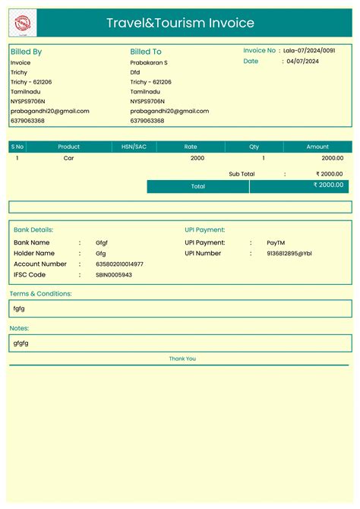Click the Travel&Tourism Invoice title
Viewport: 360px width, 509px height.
pyautogui.click(x=180, y=24)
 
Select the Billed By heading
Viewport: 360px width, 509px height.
pyautogui.click(x=26, y=52)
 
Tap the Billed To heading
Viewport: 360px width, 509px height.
pyautogui.click(x=146, y=52)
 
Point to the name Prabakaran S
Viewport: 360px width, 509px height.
pyautogui.click(x=149, y=62)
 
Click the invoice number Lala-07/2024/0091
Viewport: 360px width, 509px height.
pyautogui.click(x=309, y=50)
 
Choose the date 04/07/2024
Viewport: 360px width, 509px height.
pyautogui.click(x=303, y=62)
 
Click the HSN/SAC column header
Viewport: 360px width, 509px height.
pyautogui.click(x=134, y=147)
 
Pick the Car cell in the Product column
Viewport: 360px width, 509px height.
pyautogui.click(x=68, y=158)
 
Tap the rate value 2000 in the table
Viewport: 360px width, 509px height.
pyautogui.click(x=197, y=158)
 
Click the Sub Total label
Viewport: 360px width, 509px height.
pyautogui.click(x=242, y=174)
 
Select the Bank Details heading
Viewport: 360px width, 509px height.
pyautogui.click(x=33, y=229)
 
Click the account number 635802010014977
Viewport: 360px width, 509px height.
pyautogui.click(x=119, y=264)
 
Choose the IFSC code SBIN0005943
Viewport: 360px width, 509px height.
pyautogui.click(x=114, y=275)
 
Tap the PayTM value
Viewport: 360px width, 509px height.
pyautogui.click(x=276, y=242)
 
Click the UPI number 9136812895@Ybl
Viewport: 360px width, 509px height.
pyautogui.click(x=289, y=254)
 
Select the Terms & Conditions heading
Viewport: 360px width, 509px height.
pyautogui.click(x=40, y=293)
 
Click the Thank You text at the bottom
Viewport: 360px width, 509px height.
pyautogui.click(x=182, y=359)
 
